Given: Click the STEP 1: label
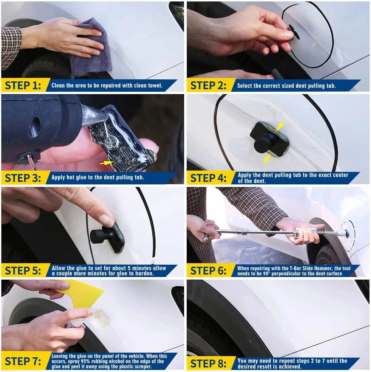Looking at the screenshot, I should [23, 86].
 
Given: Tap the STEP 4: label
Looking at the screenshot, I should [208, 178].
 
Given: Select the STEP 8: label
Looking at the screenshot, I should [208, 363].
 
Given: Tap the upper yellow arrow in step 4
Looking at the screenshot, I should [280, 126].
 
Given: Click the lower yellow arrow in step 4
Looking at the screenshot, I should [266, 159].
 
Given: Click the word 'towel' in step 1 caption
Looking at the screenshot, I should [155, 86].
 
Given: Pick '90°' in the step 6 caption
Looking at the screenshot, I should [266, 274].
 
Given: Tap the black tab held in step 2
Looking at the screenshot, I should [294, 32].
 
